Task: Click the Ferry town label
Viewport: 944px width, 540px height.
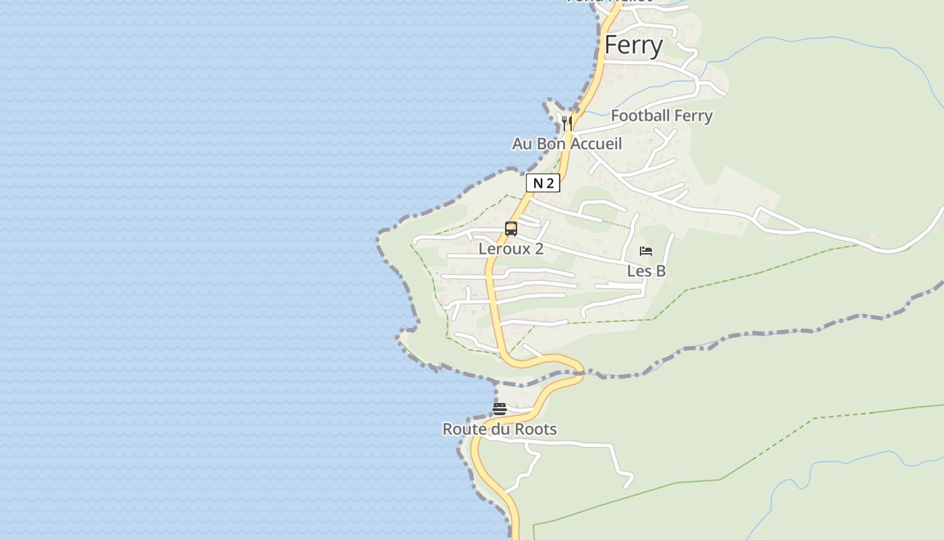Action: [633, 45]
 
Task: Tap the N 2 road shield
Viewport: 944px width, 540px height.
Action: [543, 183]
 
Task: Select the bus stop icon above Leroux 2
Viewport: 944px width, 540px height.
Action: [511, 229]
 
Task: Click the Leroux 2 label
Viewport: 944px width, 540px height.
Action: [510, 248]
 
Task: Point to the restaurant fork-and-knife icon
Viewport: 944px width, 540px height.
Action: [567, 123]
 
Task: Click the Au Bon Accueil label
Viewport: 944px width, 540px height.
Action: [566, 144]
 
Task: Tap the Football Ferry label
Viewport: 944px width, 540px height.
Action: [661, 115]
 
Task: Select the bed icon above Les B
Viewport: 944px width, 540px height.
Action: [646, 251]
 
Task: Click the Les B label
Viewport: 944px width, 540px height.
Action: [646, 271]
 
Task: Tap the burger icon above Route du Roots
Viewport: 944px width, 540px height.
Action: [499, 408]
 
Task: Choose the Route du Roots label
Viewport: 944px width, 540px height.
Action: [499, 429]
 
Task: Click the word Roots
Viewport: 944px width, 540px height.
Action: [536, 429]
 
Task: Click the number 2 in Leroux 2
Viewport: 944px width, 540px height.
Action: [539, 248]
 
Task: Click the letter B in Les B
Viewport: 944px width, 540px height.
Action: [661, 271]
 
